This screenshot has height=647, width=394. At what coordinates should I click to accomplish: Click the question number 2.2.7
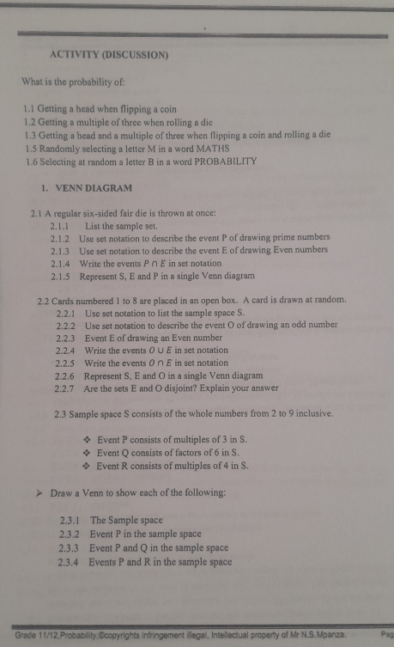pos(66,388)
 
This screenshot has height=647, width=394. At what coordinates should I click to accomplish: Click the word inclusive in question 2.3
pos(306,414)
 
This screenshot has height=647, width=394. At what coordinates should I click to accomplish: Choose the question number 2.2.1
pos(66,314)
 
